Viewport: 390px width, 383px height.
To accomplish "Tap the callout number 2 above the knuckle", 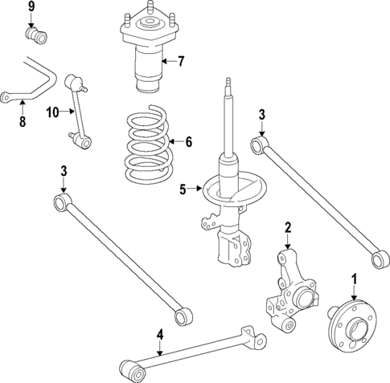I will (287, 228).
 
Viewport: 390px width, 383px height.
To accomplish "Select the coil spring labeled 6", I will (146, 145).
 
